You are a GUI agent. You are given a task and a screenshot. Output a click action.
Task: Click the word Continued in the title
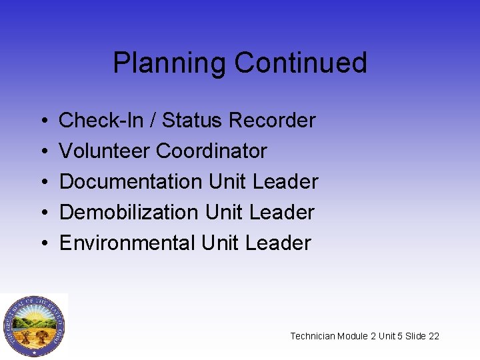coord(301,63)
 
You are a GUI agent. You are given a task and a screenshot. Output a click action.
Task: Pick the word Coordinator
coord(211,151)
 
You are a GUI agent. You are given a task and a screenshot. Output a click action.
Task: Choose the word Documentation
coord(131,182)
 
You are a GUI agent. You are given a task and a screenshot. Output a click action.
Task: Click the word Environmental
coord(127,243)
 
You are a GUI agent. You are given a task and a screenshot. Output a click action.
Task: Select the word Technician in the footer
coord(313,336)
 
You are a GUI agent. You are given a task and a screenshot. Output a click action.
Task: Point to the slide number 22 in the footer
coord(433,336)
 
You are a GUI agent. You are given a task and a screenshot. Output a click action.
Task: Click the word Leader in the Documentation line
coord(286,182)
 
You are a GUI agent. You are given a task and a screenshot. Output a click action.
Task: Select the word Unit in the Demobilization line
coord(224,213)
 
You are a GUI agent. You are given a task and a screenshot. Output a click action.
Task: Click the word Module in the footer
coord(353,336)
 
